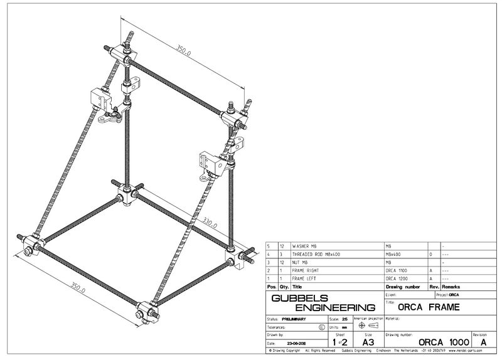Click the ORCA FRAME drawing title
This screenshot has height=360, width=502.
[x=429, y=307]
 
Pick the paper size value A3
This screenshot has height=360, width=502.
[x=368, y=343]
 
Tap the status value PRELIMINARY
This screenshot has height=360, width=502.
[x=295, y=319]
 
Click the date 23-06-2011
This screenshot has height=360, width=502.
[x=298, y=344]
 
